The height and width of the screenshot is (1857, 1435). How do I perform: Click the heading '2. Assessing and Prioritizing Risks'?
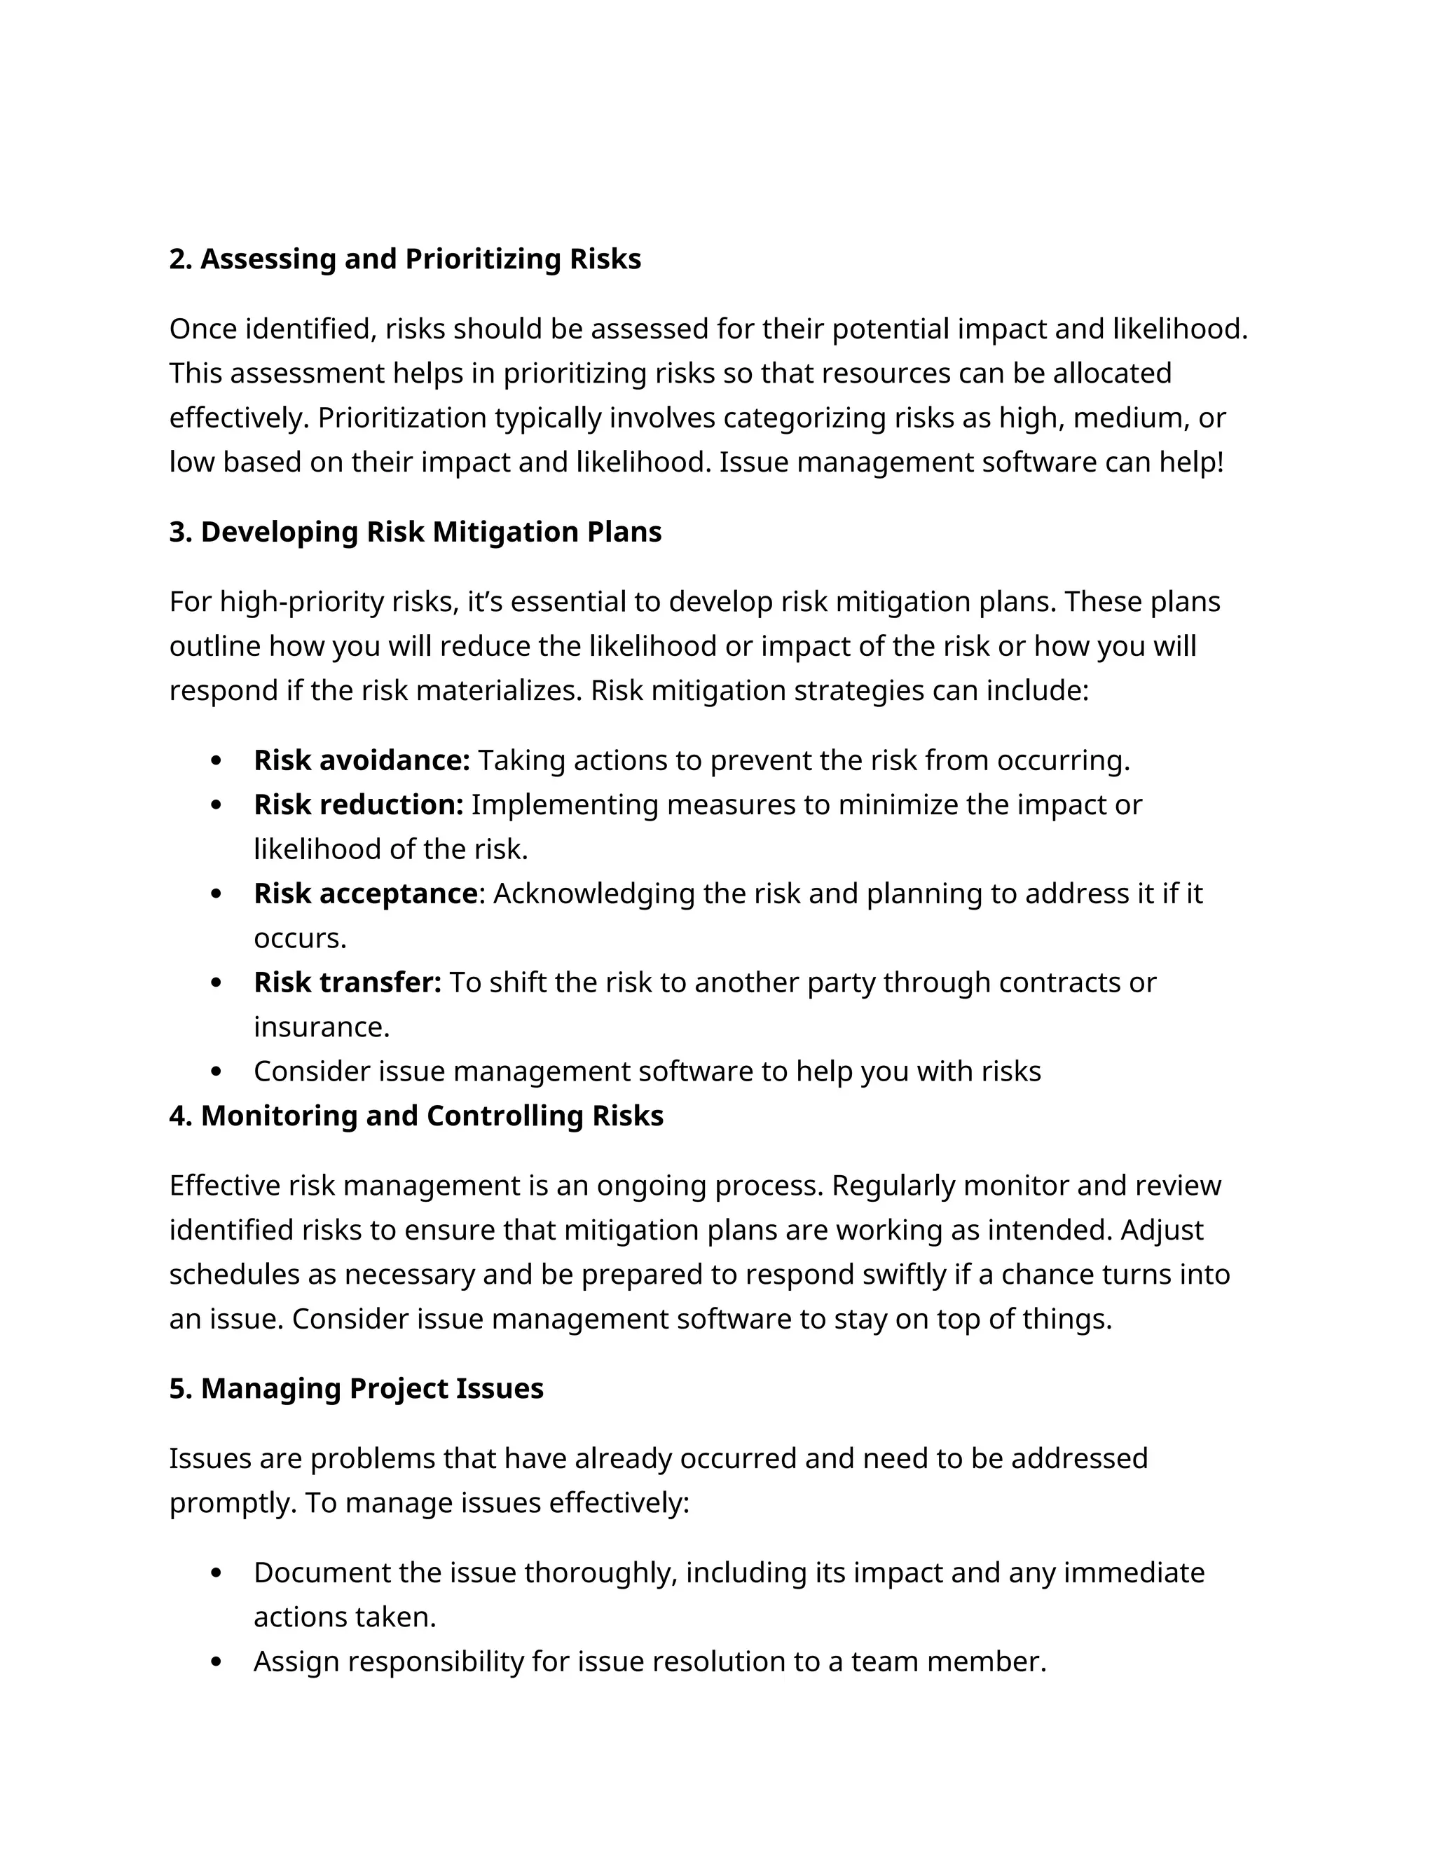405,259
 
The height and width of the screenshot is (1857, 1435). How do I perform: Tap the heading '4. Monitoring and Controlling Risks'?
416,1115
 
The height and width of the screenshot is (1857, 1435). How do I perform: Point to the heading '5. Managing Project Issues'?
356,1387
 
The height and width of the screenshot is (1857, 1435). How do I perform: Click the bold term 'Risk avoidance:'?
362,760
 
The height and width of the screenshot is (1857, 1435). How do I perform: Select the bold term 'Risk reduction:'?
358,804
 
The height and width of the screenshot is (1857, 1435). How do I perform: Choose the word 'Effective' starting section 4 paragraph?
224,1184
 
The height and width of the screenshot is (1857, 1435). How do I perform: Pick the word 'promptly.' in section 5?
232,1502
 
